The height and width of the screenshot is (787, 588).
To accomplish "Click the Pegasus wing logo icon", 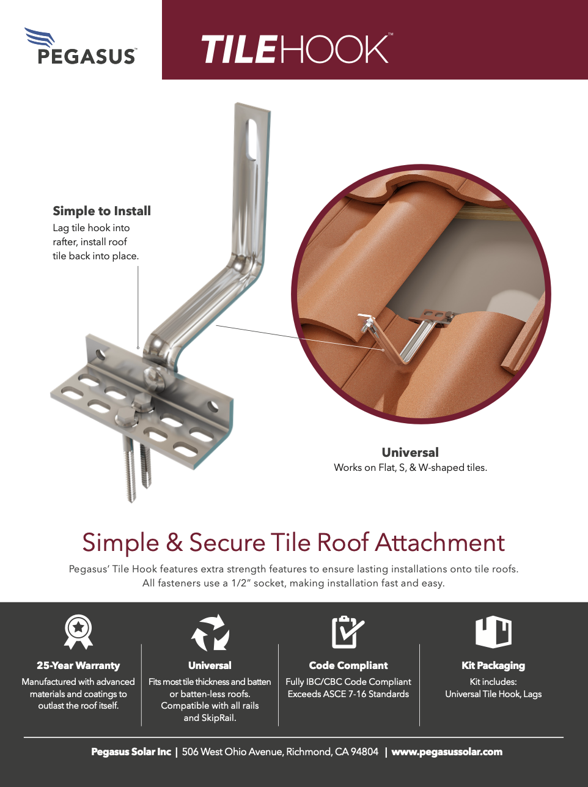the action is pos(39,37).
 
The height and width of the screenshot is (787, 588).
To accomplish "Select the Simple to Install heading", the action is pos(101,211).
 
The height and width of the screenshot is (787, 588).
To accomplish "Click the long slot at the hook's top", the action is pos(252,140).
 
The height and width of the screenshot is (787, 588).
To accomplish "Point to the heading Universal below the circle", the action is pos(410,452).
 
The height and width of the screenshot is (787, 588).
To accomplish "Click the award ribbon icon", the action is pos(78,632).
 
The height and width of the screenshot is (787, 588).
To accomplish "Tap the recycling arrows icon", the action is pos(210,632).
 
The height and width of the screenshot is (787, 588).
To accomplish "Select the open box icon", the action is pos(493,632).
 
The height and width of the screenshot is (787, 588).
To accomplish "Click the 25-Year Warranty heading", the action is pos(78,665).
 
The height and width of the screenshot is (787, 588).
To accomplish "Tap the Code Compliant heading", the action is pos(348,665).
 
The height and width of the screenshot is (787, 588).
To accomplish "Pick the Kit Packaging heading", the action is pos(493,665).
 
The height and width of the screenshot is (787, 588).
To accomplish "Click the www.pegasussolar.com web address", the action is pos(447,752).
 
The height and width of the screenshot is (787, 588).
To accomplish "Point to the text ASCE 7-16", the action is pos(345,694).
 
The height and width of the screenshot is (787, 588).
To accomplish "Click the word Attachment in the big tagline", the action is pos(440,542).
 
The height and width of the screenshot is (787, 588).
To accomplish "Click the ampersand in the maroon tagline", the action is pos(174,542).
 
